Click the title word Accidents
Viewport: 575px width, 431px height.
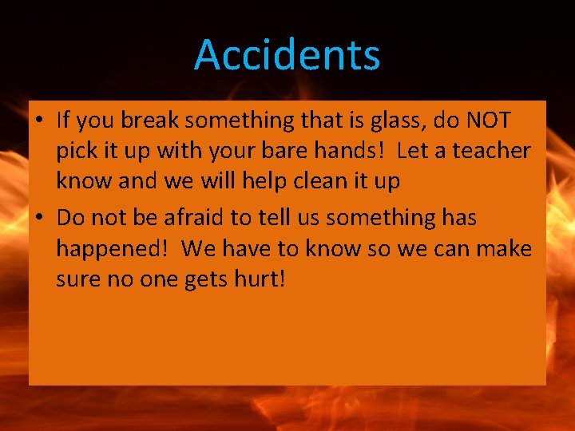pyautogui.click(x=287, y=55)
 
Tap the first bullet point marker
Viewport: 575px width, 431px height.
pyautogui.click(x=40, y=121)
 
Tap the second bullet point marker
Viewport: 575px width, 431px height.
pyautogui.click(x=40, y=217)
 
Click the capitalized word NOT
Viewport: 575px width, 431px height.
pyautogui.click(x=489, y=120)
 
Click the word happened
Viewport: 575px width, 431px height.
pyautogui.click(x=113, y=248)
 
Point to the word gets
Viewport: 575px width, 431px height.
pyautogui.click(x=204, y=281)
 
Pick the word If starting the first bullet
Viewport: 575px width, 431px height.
pyautogui.click(x=64, y=120)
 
